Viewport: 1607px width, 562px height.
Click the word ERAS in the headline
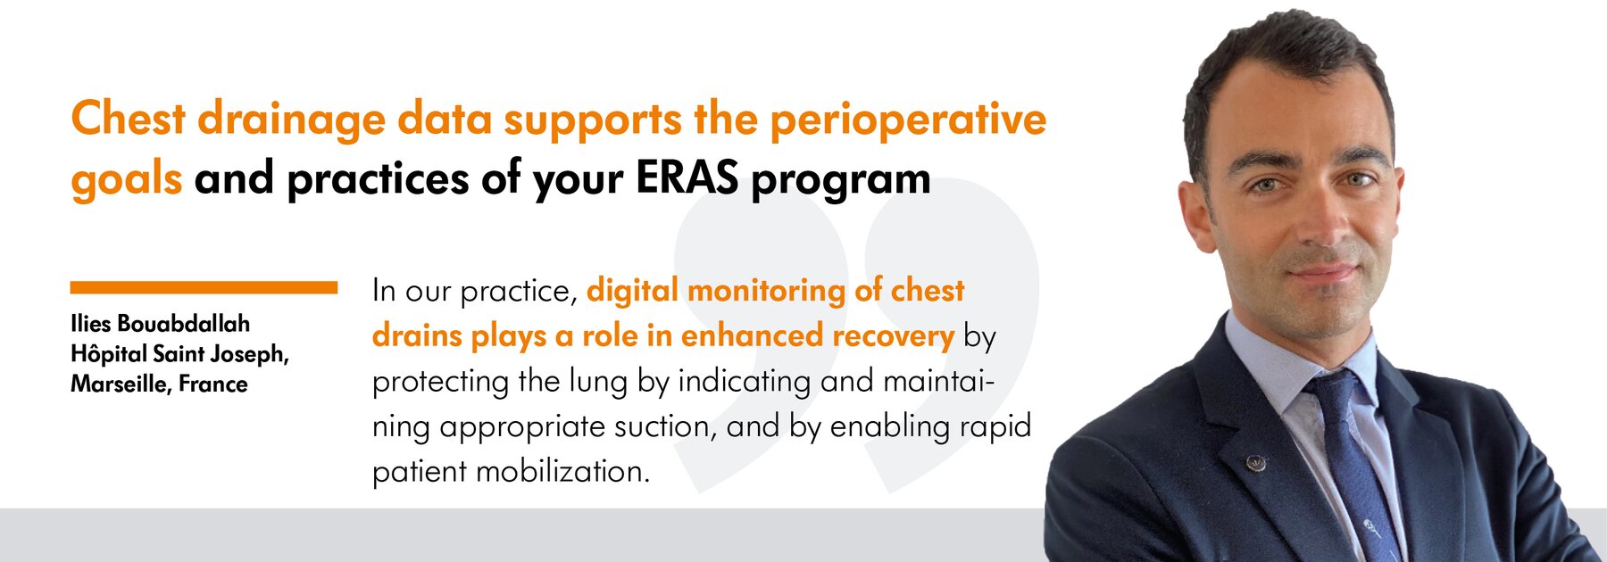point(687,178)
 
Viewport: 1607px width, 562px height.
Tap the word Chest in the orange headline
point(129,119)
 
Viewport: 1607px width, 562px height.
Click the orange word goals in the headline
point(127,180)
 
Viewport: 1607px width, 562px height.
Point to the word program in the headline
point(841,181)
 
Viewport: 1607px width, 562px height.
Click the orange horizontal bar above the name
point(204,287)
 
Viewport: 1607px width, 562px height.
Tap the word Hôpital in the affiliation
point(109,354)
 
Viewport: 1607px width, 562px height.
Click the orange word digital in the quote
point(633,291)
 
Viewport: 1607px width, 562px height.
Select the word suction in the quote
point(665,426)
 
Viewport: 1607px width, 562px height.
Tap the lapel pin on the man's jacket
point(1255,462)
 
